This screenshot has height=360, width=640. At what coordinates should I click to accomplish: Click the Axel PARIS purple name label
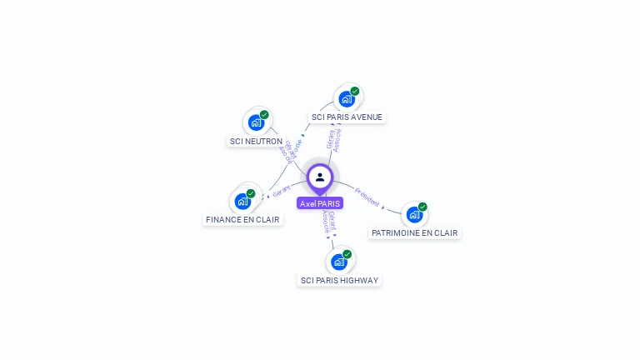[x=320, y=203]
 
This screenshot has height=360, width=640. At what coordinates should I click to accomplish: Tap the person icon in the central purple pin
[x=320, y=177]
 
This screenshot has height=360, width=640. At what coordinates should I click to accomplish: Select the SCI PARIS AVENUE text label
[x=347, y=117]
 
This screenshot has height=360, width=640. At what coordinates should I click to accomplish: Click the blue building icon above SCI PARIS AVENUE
[x=346, y=99]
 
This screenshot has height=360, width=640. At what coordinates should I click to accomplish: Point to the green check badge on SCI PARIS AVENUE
[x=355, y=91]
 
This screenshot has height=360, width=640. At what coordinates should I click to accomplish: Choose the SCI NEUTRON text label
[x=256, y=142]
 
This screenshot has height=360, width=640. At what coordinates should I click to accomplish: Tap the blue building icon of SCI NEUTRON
[x=256, y=122]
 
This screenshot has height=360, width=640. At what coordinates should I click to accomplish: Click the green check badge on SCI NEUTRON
[x=264, y=115]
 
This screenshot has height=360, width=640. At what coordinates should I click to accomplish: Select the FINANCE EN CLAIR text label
[x=242, y=220]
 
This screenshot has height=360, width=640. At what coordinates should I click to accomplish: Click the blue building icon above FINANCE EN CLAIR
[x=242, y=201]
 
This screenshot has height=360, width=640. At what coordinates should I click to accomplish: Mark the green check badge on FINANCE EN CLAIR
[x=251, y=193]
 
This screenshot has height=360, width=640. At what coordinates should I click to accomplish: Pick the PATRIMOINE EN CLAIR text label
[x=414, y=233]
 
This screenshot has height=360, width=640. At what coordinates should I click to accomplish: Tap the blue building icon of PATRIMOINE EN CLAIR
[x=414, y=214]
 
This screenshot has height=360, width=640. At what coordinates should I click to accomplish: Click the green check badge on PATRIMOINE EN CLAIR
[x=422, y=207]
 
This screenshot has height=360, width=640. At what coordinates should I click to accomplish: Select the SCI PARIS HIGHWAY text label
[x=339, y=281]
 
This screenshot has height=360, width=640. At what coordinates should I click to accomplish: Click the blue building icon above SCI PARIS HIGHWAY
[x=338, y=262]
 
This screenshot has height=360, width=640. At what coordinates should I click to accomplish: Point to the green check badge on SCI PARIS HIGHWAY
[x=347, y=254]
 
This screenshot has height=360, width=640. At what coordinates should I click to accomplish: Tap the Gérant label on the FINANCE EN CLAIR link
[x=282, y=192]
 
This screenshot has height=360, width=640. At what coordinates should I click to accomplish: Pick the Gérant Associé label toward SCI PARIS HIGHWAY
[x=329, y=221]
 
